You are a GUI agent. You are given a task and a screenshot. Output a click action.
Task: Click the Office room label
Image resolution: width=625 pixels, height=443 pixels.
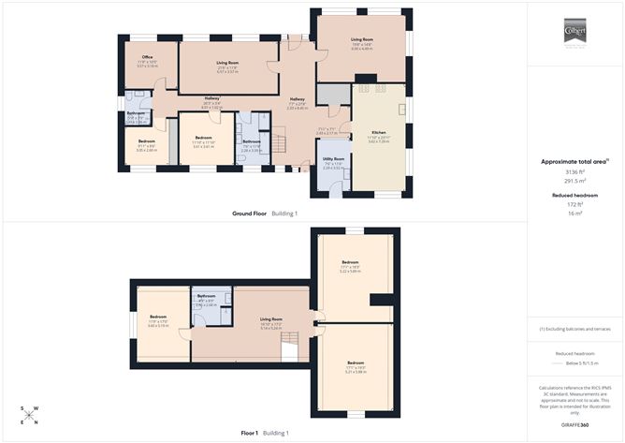click(x=148, y=57)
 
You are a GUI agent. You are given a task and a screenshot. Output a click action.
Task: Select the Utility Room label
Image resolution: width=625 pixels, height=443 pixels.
click(x=334, y=159)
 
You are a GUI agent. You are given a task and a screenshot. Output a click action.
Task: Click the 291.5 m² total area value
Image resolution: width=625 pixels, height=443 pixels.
click(x=574, y=180)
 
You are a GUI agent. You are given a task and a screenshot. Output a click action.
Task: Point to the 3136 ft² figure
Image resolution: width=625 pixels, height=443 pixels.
click(x=574, y=172)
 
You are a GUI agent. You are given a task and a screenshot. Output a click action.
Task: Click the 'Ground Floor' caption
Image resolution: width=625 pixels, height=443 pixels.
click(x=250, y=214)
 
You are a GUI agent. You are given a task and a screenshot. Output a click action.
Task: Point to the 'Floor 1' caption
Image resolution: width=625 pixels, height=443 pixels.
click(x=249, y=433)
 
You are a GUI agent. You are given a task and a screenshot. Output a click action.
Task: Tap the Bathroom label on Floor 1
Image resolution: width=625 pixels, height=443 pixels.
click(x=207, y=296)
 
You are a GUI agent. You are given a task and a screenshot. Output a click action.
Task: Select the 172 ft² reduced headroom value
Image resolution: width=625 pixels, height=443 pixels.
click(x=574, y=204)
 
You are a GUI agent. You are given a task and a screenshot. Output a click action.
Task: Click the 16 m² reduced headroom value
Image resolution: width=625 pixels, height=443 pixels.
click(x=574, y=213)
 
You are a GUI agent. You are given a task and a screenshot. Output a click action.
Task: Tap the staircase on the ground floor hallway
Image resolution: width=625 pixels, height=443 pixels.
click(x=277, y=143)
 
